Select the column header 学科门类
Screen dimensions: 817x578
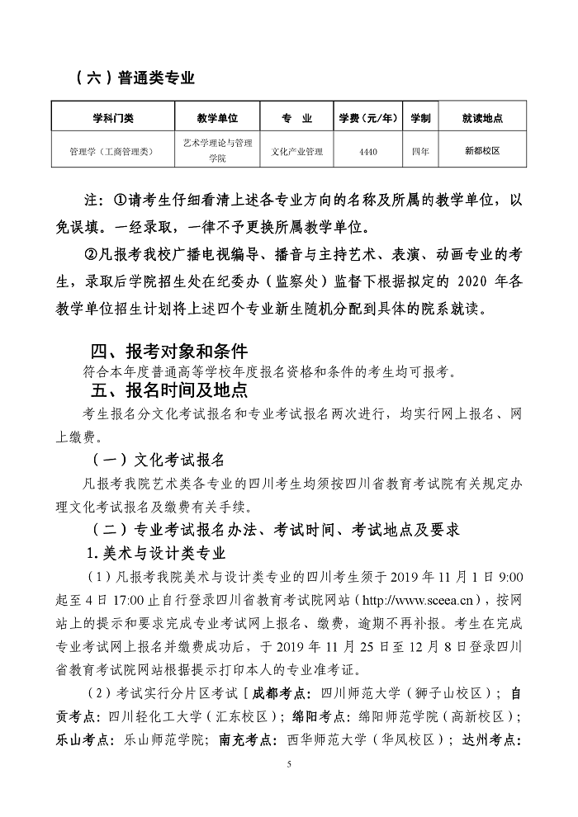111,118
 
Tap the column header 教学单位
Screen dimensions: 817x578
217,118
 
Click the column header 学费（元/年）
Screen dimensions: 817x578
368,118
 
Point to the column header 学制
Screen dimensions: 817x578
420,118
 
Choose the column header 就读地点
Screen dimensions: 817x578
482,118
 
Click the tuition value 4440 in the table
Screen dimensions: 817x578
368,152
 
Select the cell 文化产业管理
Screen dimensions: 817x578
296,152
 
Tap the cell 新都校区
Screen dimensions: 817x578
482,152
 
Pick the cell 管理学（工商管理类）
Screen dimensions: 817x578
111,152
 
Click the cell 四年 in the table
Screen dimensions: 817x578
420,152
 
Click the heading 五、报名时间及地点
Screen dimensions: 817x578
169,389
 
